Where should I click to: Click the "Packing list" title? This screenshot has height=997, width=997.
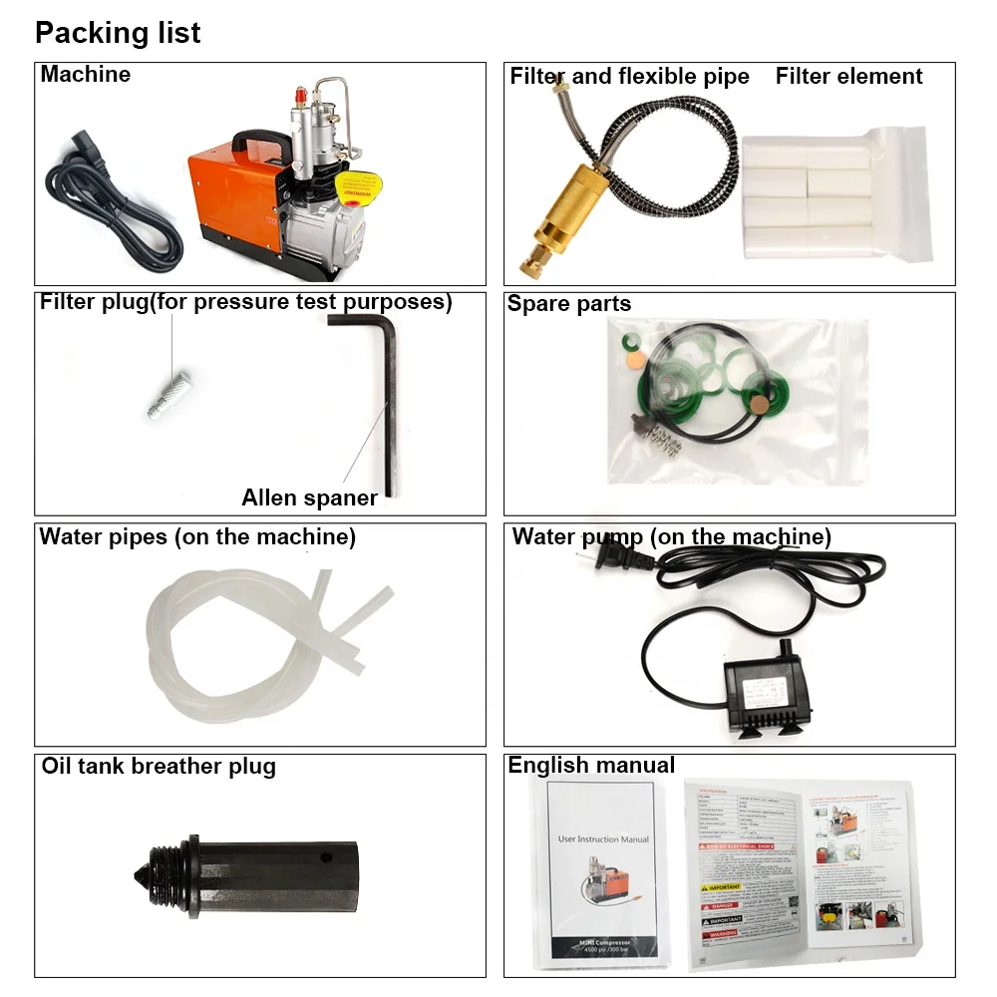(118, 33)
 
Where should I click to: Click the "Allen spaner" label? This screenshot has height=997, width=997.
(309, 498)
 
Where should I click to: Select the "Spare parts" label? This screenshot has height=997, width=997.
(569, 304)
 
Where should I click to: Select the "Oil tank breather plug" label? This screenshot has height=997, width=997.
(159, 767)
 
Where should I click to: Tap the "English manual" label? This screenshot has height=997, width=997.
(591, 766)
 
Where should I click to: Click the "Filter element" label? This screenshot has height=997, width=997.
(848, 77)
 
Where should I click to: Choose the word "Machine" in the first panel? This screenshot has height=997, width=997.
(86, 75)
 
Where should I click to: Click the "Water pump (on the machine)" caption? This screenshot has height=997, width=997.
(671, 537)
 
